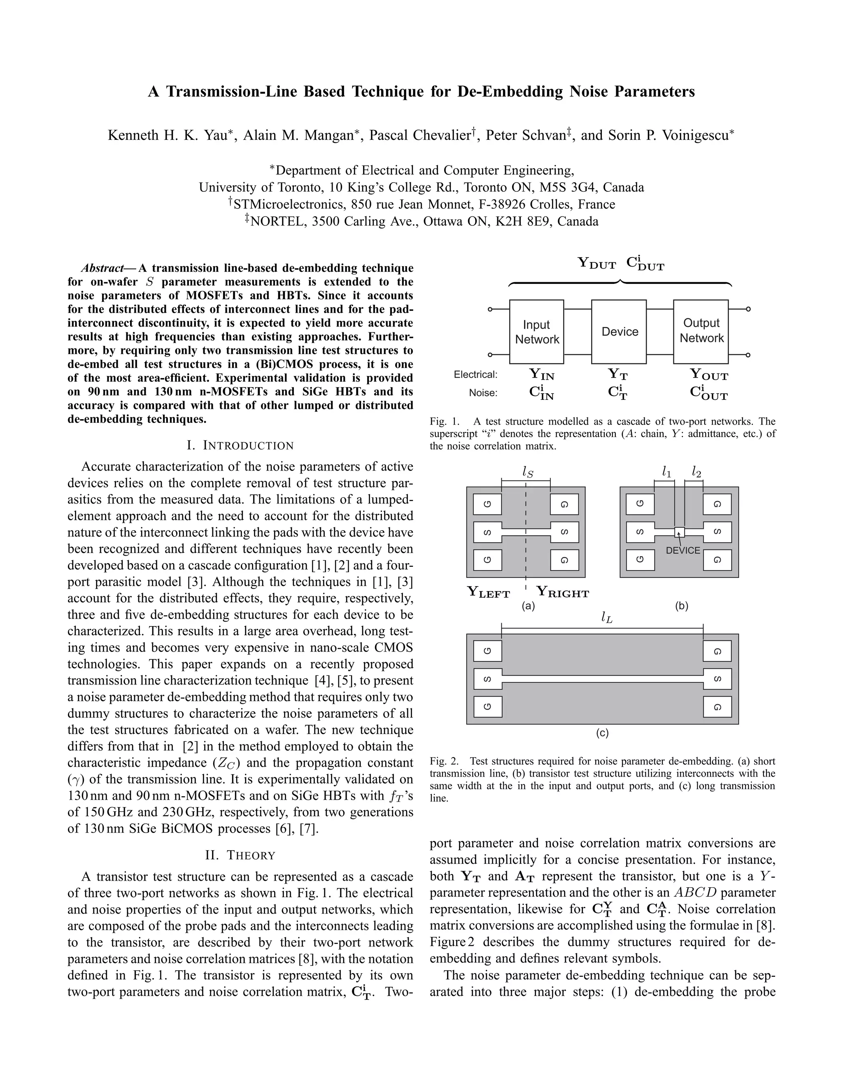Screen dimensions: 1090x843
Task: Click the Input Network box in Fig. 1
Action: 536,332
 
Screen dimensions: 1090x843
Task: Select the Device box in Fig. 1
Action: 619,332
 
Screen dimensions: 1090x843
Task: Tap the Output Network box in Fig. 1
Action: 701,332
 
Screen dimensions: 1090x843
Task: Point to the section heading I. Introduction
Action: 240,445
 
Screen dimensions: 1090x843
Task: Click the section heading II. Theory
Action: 240,855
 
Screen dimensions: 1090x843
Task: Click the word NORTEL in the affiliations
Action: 277,221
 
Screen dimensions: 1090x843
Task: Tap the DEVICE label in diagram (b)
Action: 683,550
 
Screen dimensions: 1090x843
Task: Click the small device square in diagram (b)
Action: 679,532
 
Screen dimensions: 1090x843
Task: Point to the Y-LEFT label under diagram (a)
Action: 489,592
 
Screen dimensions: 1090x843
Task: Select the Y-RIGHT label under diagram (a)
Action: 562,592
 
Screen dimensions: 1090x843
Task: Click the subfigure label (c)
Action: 602,733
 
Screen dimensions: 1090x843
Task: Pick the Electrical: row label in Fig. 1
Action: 475,374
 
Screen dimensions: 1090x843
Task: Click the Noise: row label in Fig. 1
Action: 483,393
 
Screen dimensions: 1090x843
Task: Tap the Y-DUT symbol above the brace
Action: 597,263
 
